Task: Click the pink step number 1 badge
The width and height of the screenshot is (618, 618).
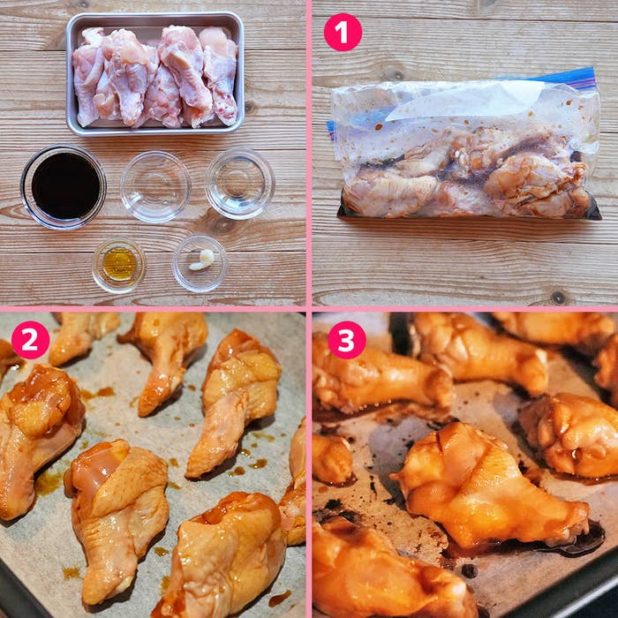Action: (x=343, y=33)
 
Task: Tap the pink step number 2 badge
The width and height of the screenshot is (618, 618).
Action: (x=30, y=340)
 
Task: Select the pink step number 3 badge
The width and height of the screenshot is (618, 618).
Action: (x=346, y=340)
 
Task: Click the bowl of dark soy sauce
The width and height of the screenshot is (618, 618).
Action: (x=64, y=187)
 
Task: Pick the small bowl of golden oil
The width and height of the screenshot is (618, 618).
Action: (x=118, y=265)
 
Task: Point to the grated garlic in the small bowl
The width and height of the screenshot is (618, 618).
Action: (x=202, y=260)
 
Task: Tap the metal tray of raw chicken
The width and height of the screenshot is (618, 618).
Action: (x=154, y=73)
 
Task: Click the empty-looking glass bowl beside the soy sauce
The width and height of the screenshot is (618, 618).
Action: (x=155, y=186)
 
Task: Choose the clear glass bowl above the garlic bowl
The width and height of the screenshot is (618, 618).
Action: (x=239, y=184)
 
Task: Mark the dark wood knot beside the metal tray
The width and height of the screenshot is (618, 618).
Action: (x=249, y=107)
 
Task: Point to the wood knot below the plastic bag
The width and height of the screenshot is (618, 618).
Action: (x=558, y=297)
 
